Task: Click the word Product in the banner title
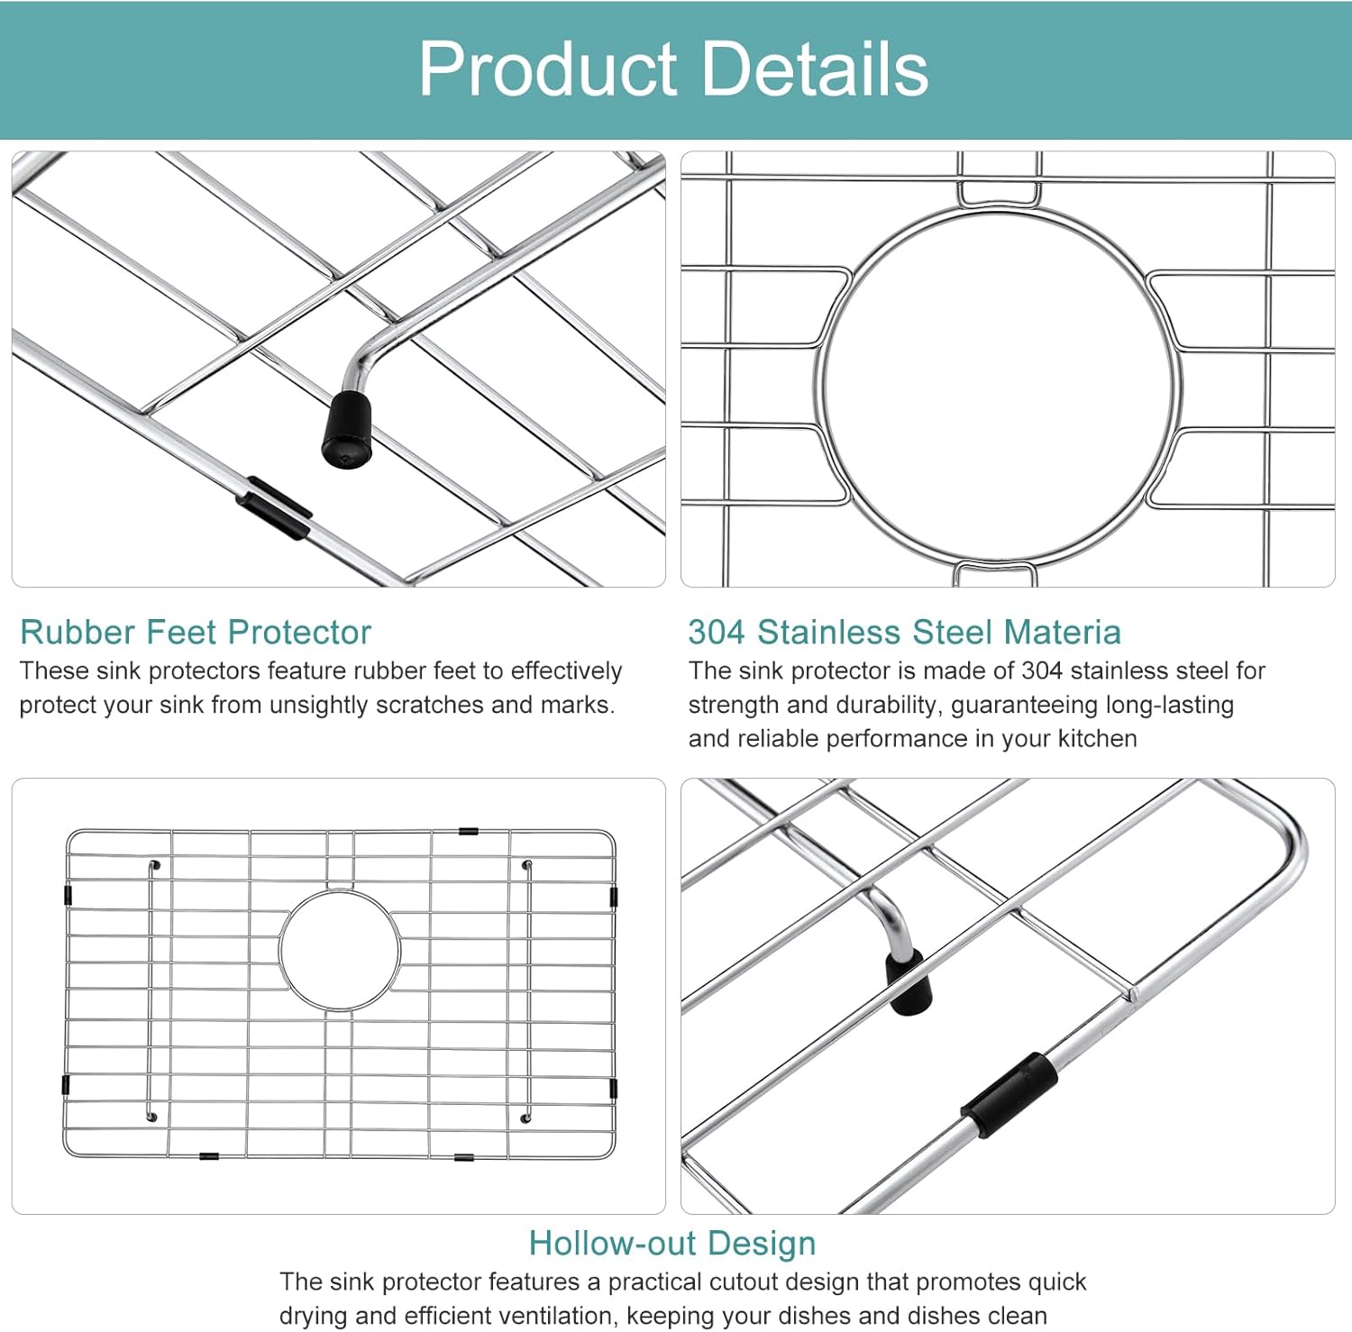click(x=547, y=69)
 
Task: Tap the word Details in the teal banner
click(x=815, y=69)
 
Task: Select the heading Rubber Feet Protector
click(x=196, y=633)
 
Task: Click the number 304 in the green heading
click(x=717, y=633)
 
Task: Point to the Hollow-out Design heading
click(x=672, y=1244)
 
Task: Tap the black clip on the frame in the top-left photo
click(x=274, y=508)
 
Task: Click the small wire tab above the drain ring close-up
click(x=999, y=193)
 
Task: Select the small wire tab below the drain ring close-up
click(x=990, y=573)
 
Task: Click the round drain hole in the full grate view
click(x=340, y=950)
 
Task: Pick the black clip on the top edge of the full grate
click(x=468, y=831)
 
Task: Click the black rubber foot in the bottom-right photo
click(x=909, y=981)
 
